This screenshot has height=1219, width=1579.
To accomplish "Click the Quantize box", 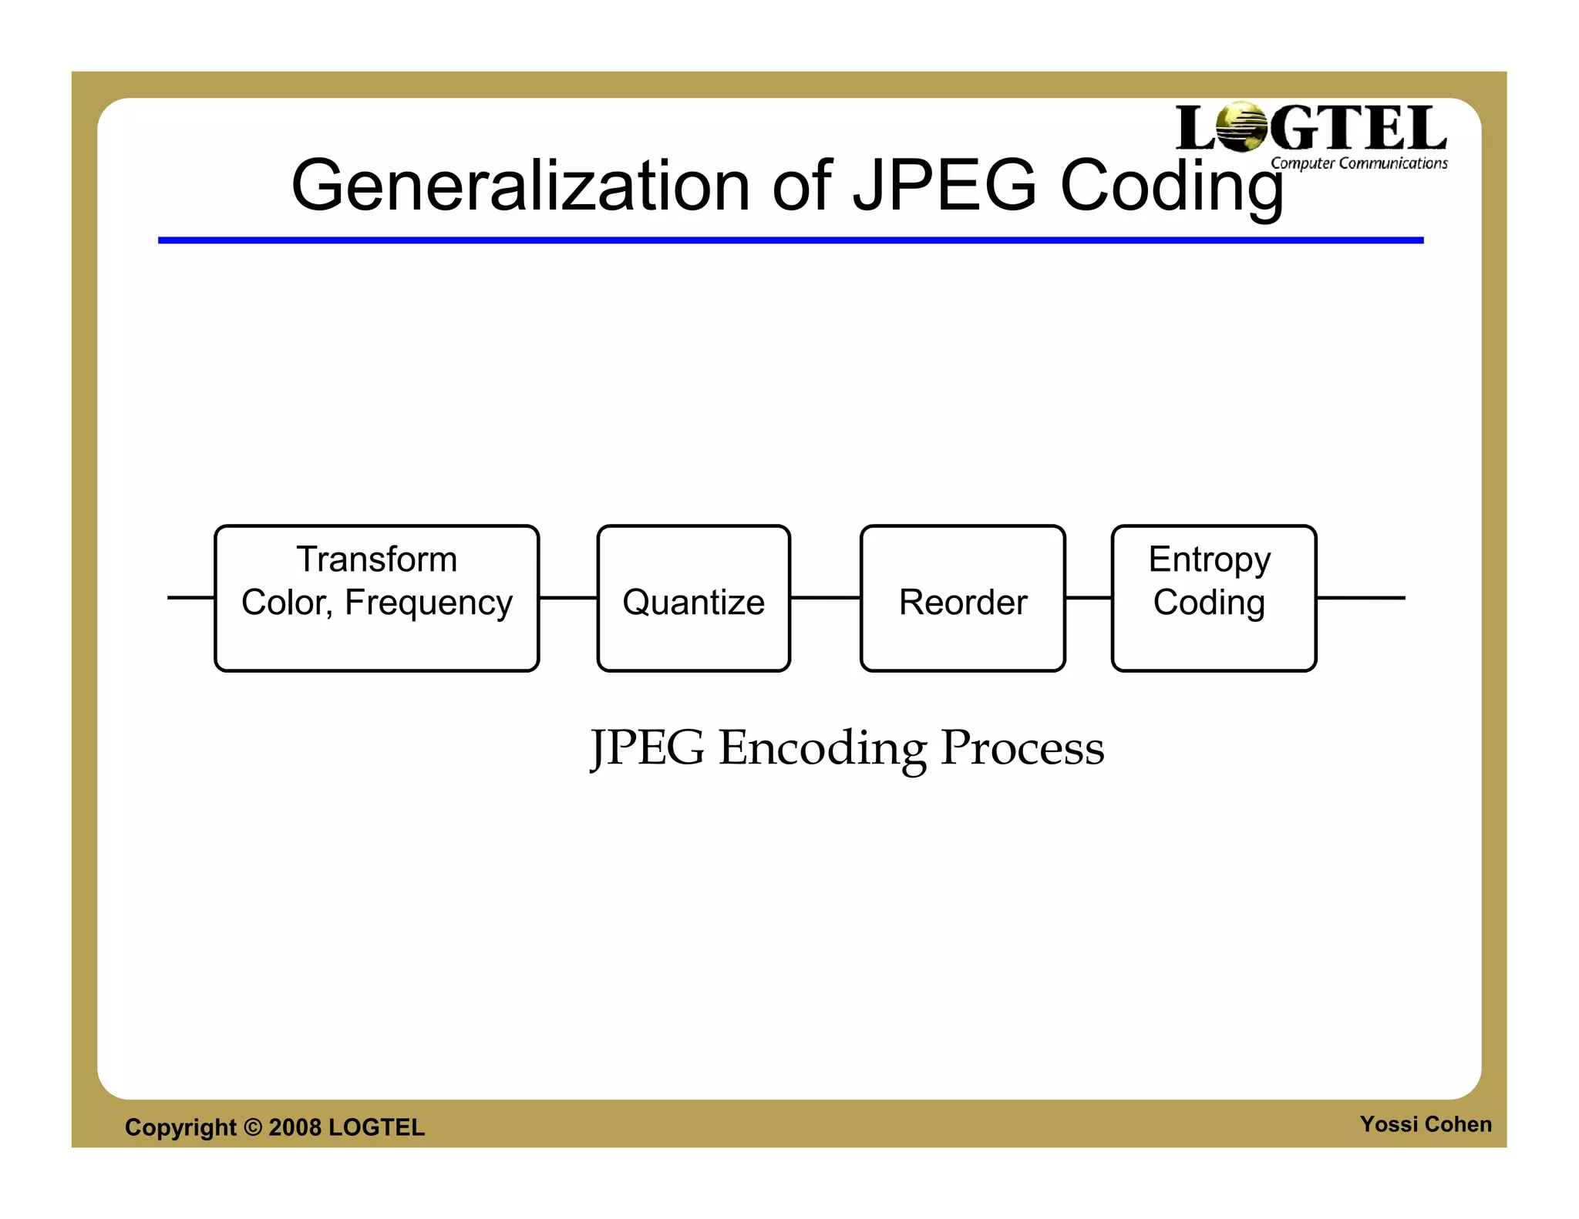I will [x=693, y=599].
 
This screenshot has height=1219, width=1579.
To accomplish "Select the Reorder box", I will [x=962, y=599].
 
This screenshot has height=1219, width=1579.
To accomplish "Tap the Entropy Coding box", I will [x=1214, y=599].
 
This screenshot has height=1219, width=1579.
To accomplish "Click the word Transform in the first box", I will [x=376, y=559].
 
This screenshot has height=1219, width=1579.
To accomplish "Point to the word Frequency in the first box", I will [x=428, y=603].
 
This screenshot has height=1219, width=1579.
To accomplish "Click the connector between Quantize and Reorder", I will [x=825, y=597].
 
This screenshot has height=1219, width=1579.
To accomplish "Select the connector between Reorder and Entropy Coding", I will [x=1089, y=597].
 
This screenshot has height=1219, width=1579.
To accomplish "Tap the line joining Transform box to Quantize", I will [x=567, y=597].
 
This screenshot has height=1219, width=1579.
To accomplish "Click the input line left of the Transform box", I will [x=190, y=597].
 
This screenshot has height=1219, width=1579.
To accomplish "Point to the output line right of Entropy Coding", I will [x=1361, y=597].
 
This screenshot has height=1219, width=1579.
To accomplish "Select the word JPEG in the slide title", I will [x=944, y=186].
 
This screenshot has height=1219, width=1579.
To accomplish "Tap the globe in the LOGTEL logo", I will [x=1241, y=126].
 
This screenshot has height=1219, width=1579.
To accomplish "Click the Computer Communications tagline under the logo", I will [x=1358, y=163].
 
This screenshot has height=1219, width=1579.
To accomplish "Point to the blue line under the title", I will [x=790, y=240].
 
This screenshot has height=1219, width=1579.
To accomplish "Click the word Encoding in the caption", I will [x=822, y=748].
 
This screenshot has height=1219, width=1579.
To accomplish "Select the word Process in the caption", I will [x=1022, y=748].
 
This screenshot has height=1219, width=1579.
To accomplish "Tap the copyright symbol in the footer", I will [x=253, y=1127].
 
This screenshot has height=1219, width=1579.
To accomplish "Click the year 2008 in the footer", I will [x=295, y=1127].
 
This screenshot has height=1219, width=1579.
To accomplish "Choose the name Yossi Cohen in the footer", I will [x=1426, y=1124].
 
